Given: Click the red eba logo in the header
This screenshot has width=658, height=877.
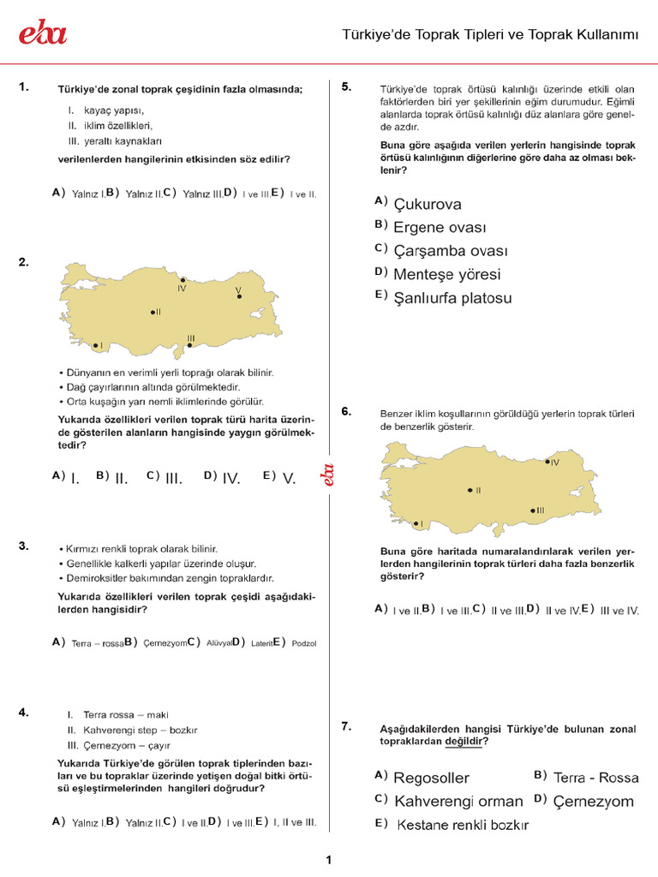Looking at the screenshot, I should click(43, 33).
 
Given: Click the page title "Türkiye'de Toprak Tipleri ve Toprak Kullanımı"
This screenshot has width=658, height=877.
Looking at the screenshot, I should click(491, 34).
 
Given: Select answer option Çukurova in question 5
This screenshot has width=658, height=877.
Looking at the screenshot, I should click(428, 204).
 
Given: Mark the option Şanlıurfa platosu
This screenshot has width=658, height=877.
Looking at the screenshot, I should click(452, 299).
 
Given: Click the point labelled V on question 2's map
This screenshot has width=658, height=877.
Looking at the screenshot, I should click(239, 297).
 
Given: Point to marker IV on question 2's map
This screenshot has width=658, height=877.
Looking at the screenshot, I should click(182, 280).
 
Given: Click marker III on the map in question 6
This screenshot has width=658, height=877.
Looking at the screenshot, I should click(532, 510).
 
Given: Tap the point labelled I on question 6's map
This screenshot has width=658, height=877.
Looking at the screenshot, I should click(414, 523).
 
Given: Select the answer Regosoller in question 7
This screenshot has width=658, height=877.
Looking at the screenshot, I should click(431, 778).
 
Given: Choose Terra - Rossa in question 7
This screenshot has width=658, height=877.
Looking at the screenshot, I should click(595, 778).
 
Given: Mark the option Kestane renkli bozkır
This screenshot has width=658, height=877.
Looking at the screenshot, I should click(463, 826).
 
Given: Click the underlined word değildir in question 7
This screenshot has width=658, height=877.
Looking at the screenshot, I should click(464, 743).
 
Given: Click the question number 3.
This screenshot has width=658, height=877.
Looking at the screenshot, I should click(24, 546).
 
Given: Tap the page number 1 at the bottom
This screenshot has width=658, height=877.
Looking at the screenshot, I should click(329, 860).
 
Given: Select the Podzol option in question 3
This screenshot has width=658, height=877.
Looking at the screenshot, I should click(303, 643).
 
